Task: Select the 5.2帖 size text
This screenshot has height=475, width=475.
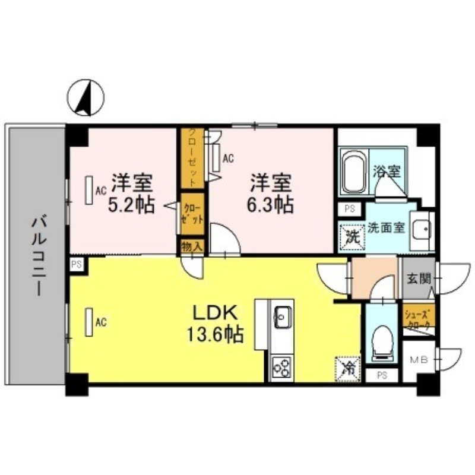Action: [x=131, y=205]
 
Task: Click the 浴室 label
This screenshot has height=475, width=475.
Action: [x=387, y=172]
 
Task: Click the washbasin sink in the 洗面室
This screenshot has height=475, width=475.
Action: [x=422, y=229]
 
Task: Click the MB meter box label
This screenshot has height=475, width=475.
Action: [x=420, y=360]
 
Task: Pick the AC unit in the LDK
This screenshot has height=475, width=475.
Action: [x=90, y=323]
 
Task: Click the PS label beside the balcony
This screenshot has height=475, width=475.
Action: [x=76, y=264]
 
